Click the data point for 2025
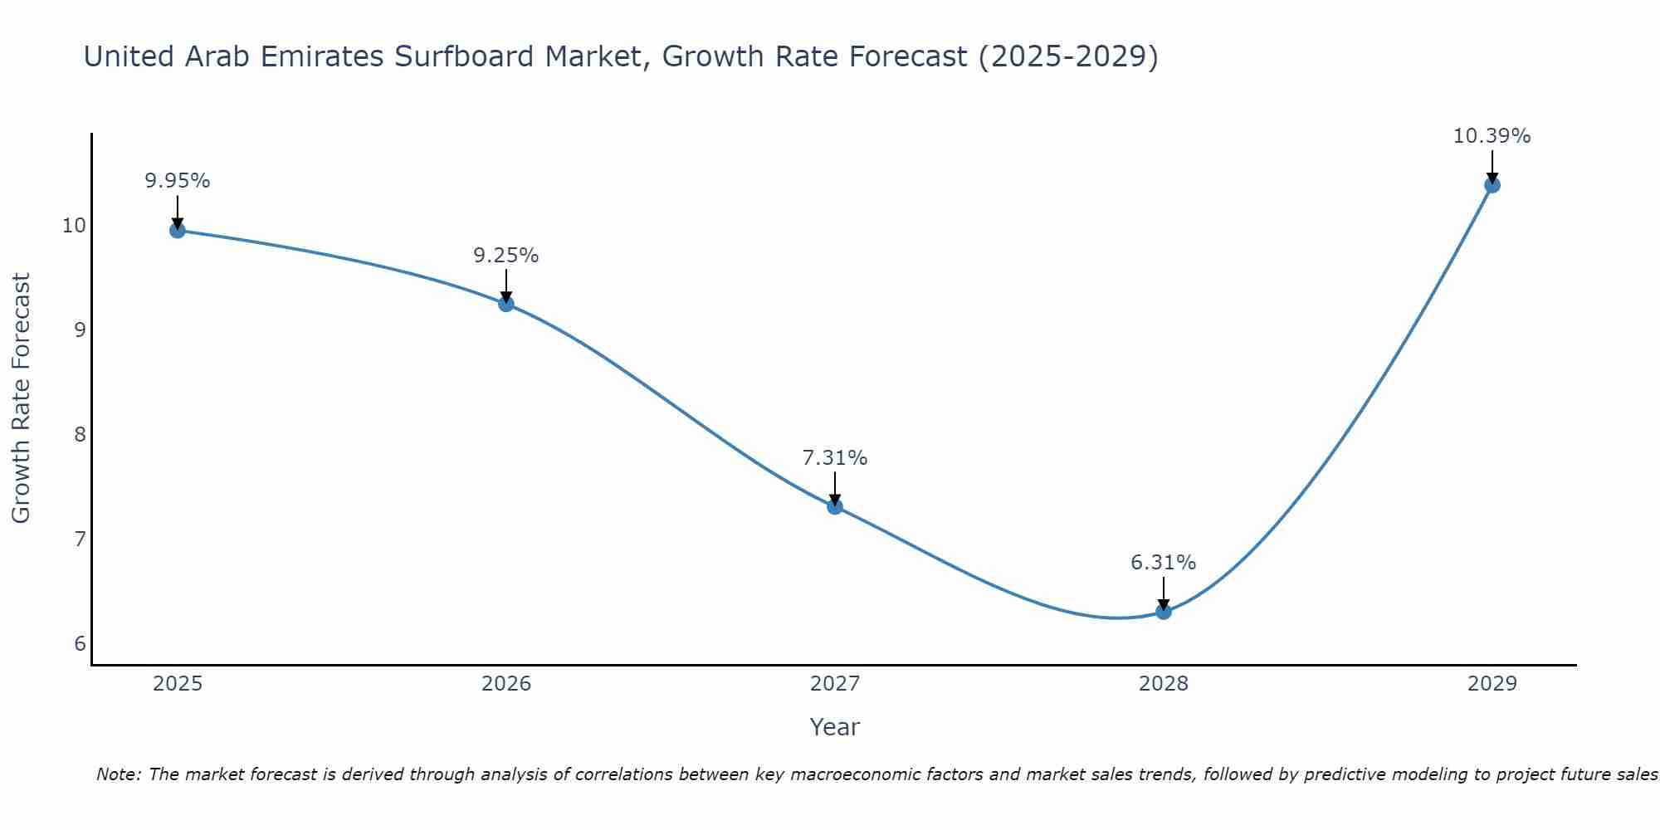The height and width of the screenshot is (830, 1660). (x=178, y=230)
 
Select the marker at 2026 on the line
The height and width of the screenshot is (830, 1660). (x=506, y=304)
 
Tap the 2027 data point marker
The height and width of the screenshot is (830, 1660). (x=835, y=506)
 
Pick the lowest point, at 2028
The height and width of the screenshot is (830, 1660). (x=1164, y=612)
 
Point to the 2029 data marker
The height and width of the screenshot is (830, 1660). (x=1492, y=185)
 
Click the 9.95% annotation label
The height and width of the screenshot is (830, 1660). (x=178, y=180)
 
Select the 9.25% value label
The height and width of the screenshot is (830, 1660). (x=506, y=255)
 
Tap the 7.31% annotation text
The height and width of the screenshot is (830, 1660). (x=835, y=457)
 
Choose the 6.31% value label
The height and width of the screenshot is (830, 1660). (x=1164, y=562)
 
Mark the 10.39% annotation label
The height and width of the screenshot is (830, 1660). (x=1492, y=135)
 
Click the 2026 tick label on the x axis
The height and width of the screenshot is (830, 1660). (x=506, y=684)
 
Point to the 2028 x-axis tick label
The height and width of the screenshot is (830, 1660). (x=1164, y=684)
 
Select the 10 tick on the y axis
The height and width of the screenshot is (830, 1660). (x=75, y=226)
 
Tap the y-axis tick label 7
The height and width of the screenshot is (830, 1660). (x=80, y=539)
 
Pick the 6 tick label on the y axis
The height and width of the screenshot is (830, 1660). (x=80, y=644)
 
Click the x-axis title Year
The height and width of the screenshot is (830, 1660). (x=835, y=727)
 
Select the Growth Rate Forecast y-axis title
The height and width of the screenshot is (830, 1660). (x=21, y=398)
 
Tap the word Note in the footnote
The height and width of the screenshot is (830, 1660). (x=119, y=774)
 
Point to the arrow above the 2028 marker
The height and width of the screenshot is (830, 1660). (x=1164, y=593)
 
